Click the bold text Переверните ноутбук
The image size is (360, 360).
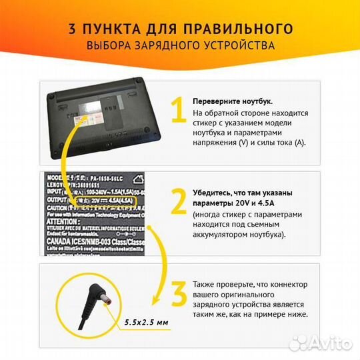(232, 101)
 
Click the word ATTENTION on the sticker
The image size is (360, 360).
(65, 220)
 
